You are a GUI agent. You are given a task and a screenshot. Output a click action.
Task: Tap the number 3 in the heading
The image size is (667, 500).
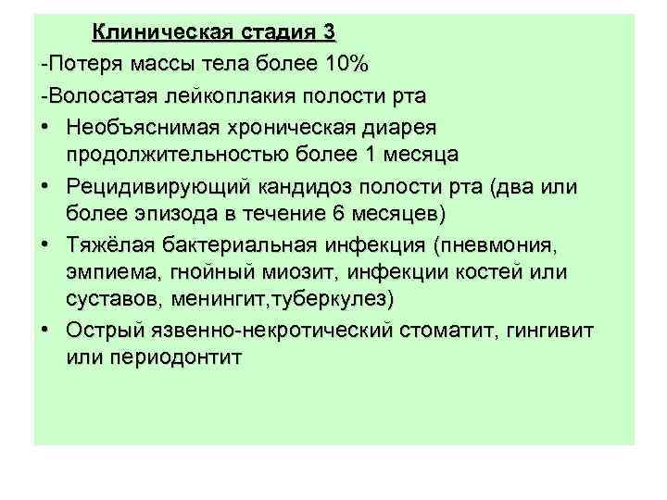pos(329,33)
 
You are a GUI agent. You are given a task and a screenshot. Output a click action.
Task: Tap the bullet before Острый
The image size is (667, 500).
pos(44,331)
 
